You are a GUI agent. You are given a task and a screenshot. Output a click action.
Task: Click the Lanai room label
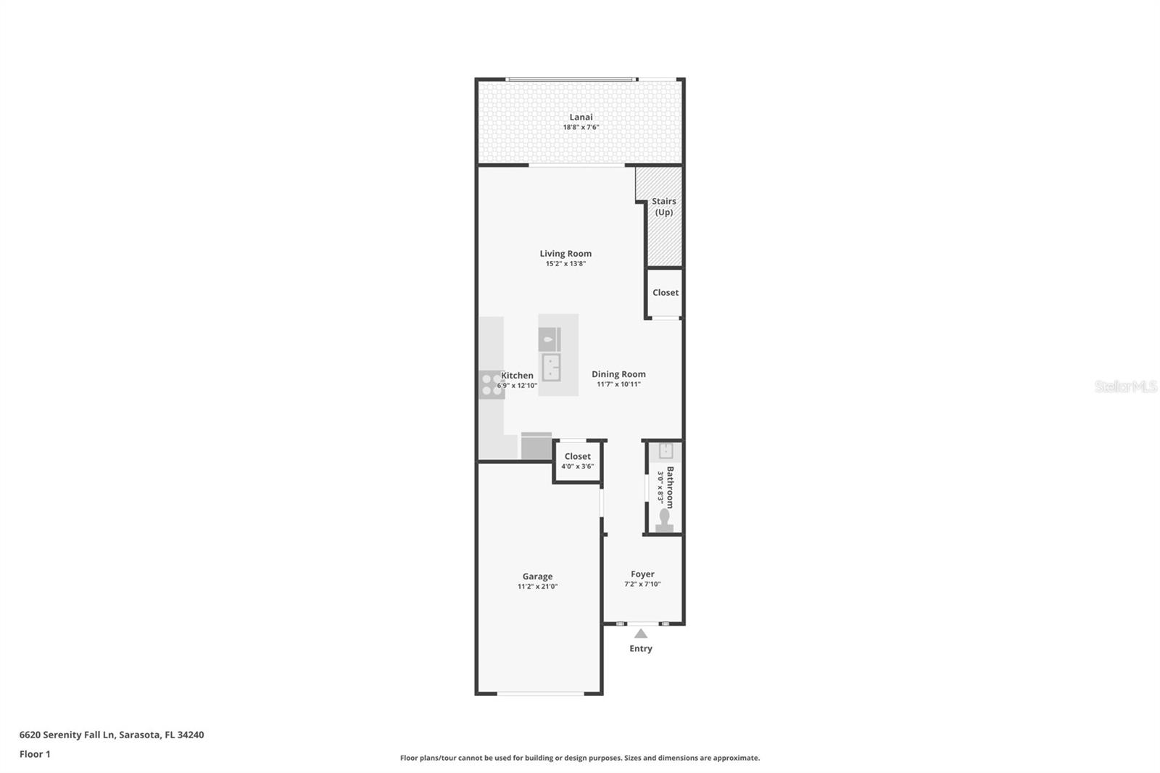point(581,117)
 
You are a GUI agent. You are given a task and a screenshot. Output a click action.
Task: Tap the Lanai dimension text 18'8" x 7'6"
point(581,128)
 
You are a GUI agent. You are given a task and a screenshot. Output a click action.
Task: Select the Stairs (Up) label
point(664,207)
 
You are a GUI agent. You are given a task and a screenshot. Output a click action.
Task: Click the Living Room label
point(565,253)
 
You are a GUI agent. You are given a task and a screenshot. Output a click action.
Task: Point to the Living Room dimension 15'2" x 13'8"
point(565,264)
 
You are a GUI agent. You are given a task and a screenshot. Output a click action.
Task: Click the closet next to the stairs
point(665,293)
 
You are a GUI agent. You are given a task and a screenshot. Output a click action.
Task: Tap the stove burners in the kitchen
point(492,385)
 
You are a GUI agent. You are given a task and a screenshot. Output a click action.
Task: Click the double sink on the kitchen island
point(552,368)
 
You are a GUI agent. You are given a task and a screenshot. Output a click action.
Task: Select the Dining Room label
point(618,374)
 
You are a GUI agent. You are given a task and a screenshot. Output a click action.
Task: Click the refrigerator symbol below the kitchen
point(536,446)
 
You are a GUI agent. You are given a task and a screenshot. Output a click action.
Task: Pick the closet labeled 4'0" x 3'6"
point(577,461)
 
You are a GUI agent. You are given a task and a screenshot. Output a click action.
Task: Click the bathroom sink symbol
point(666,451)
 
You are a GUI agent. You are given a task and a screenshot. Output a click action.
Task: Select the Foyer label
point(642,574)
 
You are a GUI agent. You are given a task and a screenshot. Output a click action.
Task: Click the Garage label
point(537,576)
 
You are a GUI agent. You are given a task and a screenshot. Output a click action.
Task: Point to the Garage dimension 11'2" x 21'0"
point(537,587)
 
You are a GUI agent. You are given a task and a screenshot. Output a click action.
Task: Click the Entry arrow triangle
point(641,634)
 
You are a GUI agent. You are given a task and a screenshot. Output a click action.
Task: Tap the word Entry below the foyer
point(641,649)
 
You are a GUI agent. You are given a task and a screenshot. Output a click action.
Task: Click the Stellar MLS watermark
point(1125,386)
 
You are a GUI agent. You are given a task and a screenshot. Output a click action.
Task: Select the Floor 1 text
point(35,754)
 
